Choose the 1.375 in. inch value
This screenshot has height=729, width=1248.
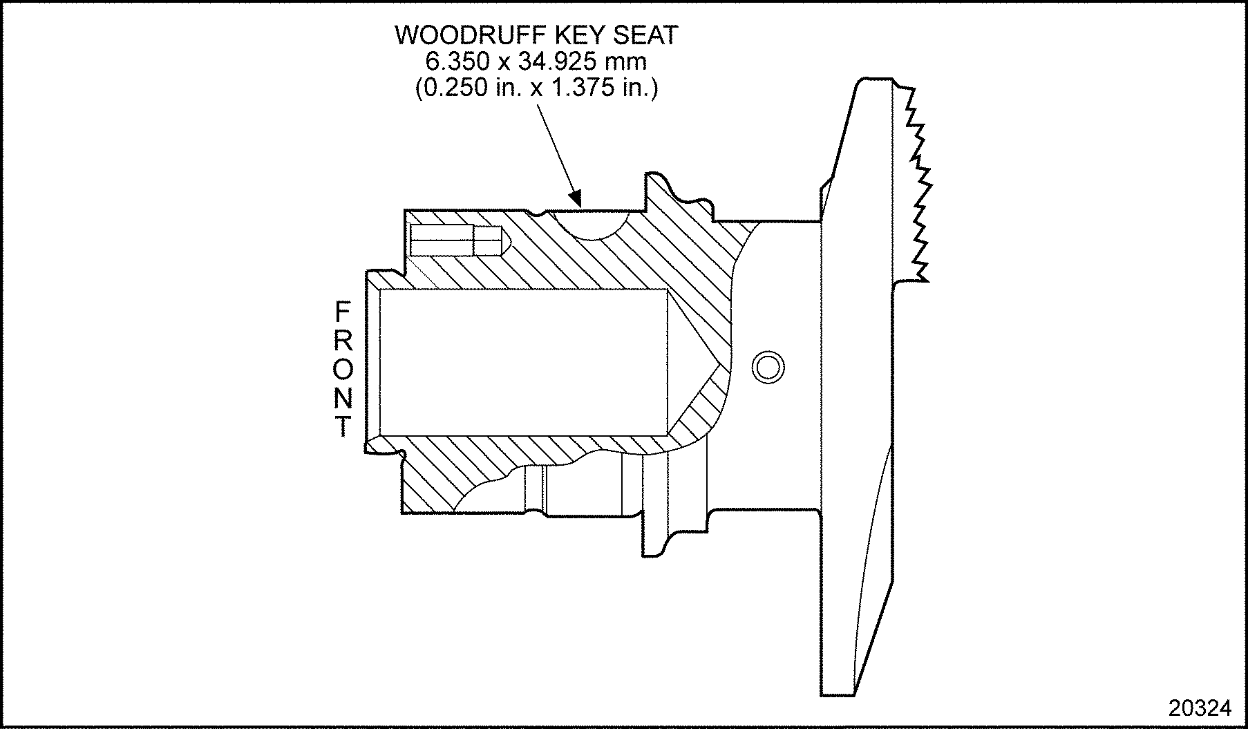click(598, 89)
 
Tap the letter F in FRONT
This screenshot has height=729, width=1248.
click(343, 312)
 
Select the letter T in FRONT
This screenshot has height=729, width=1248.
click(343, 427)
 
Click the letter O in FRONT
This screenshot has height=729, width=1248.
click(343, 370)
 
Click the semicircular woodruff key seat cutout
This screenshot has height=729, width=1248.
click(589, 224)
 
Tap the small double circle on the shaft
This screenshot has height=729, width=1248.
click(768, 366)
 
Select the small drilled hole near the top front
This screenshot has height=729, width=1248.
click(456, 240)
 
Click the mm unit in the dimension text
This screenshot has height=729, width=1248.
click(625, 62)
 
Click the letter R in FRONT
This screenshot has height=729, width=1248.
click(343, 341)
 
